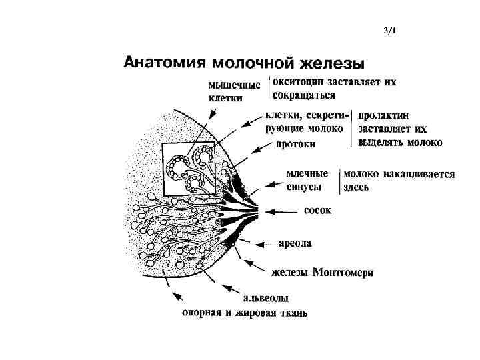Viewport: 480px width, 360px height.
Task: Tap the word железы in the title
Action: pyautogui.click(x=331, y=64)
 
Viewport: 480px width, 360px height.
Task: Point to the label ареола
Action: pyautogui.click(x=295, y=244)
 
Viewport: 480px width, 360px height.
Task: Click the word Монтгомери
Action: pyautogui.click(x=339, y=272)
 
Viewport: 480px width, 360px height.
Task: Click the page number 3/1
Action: pyautogui.click(x=390, y=30)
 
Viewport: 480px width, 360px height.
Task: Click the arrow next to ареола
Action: pyautogui.click(x=260, y=244)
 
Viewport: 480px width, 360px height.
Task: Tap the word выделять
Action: pyautogui.click(x=381, y=142)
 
